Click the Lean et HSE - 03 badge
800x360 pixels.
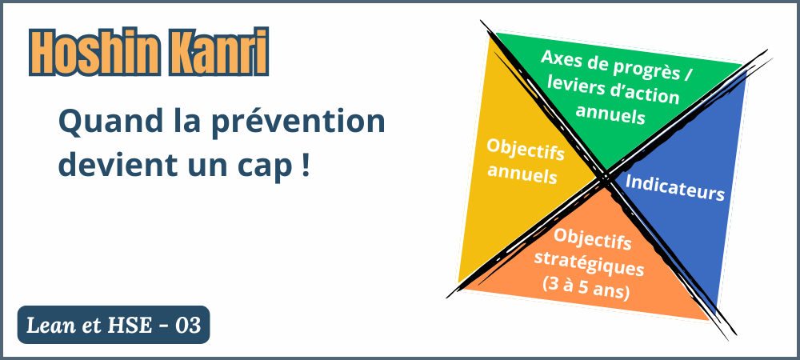[x=114, y=325]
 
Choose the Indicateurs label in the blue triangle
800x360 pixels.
[x=674, y=187]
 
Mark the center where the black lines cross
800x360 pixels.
[x=606, y=178]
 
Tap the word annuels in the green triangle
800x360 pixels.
[x=610, y=114]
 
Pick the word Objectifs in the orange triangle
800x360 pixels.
[x=592, y=239]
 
